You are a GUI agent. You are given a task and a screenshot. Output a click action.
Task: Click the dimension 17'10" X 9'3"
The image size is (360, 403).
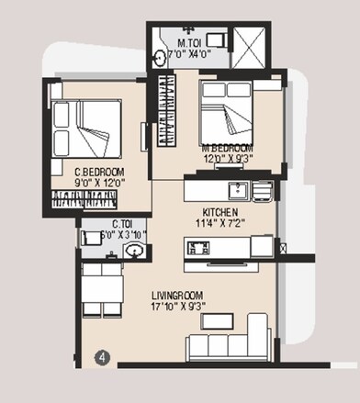coord(185,309)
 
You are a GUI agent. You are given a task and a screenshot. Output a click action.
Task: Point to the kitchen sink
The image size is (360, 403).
coord(235,190)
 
